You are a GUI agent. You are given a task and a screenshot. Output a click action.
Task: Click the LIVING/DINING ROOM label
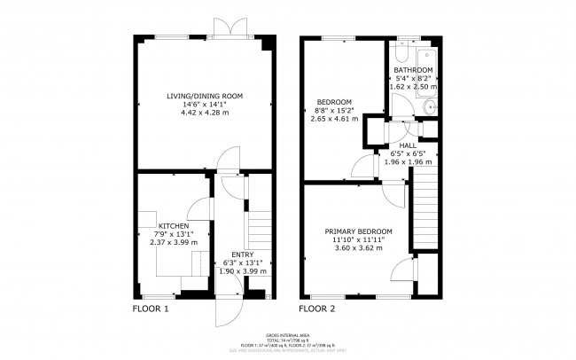(205, 95)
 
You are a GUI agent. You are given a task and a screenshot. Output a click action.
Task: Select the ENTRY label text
(241, 254)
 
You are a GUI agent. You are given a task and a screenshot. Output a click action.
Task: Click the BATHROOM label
(413, 70)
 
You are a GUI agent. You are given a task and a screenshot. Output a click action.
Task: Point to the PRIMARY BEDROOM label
(357, 231)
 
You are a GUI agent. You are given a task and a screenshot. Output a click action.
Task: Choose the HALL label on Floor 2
(408, 145)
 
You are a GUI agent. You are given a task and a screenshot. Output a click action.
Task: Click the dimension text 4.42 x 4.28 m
(205, 113)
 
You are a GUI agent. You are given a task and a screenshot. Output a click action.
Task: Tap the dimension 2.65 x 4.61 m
(334, 118)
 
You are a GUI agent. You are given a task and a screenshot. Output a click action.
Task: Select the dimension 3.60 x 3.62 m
(357, 247)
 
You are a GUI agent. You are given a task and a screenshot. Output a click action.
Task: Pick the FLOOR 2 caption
(317, 309)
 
